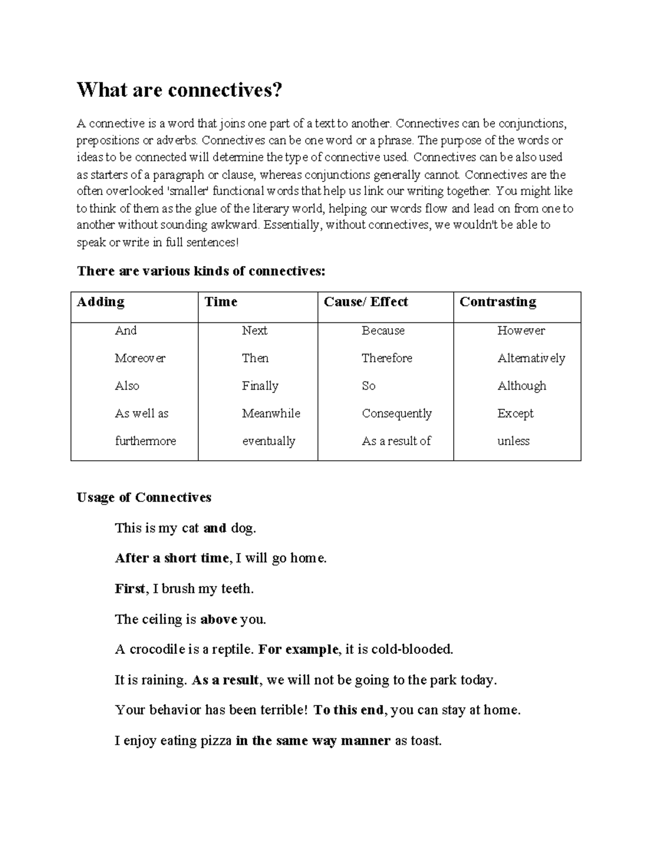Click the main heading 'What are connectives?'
[180, 90]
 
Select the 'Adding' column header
[101, 302]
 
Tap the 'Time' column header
[221, 302]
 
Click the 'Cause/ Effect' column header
[366, 302]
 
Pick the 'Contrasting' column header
[498, 302]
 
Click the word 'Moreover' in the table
[140, 358]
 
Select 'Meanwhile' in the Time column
[271, 414]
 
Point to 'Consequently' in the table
[397, 414]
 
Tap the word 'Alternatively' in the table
[531, 358]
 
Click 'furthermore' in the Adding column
[146, 441]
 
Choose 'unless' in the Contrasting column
[513, 441]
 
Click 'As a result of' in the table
[396, 441]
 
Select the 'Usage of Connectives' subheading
[144, 498]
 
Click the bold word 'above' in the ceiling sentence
[218, 620]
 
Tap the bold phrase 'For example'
[298, 649]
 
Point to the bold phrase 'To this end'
[349, 710]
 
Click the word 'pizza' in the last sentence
[216, 741]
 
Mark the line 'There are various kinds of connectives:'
[201, 271]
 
